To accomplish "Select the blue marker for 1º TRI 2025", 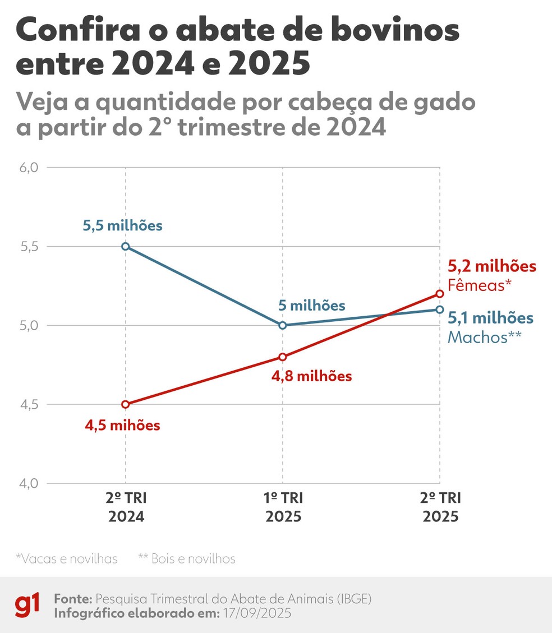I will pos(282,325).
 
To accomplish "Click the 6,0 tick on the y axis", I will pos(27,168).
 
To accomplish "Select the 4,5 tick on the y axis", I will pos(27,404).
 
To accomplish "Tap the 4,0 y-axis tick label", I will pos(27,483).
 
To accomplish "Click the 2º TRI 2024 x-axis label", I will pos(125,507).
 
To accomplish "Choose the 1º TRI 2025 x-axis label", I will pos(282,507).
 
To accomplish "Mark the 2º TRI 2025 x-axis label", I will pos(439,507).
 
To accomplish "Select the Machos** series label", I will pos(485,336).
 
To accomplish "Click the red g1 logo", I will pos(27,606).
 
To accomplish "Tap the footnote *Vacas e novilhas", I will pos(66,558).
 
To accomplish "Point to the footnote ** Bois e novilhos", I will pos(187,558).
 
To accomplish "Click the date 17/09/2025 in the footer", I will pos(256,613).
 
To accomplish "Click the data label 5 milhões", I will pos(312,306).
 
